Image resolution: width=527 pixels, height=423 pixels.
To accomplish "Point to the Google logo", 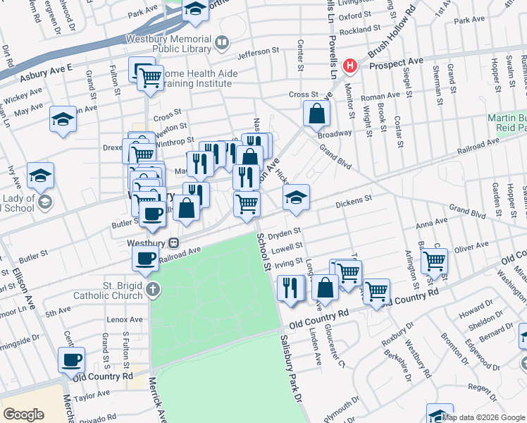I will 23,415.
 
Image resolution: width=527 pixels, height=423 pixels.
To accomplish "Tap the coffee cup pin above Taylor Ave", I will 71,360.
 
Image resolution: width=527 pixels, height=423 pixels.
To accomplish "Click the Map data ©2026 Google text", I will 483,417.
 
